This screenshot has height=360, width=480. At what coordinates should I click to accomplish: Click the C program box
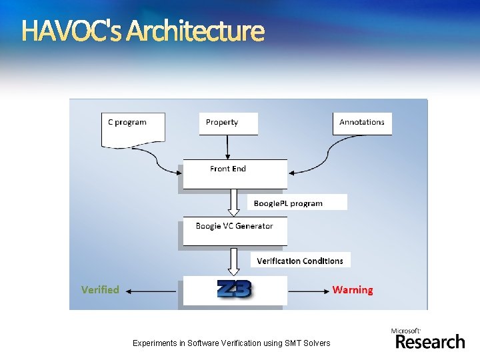pos(133,127)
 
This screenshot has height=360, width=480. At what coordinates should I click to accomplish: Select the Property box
pos(228,123)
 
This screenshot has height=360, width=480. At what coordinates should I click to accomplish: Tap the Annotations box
pos(362,123)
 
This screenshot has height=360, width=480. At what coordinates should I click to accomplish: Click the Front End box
pos(235,173)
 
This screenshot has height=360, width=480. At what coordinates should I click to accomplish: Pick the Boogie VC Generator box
pos(235,231)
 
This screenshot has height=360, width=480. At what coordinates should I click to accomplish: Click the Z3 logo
pos(235,289)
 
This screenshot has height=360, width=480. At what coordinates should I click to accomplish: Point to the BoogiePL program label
pos(297,203)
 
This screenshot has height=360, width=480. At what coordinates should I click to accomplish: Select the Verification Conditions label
pos(300,260)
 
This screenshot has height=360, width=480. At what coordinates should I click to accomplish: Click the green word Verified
pos(100,289)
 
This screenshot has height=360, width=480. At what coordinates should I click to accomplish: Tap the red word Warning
pos(353,289)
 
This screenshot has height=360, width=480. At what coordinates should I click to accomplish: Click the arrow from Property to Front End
pos(228,147)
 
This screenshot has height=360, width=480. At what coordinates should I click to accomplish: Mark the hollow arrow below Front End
pos(234,201)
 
